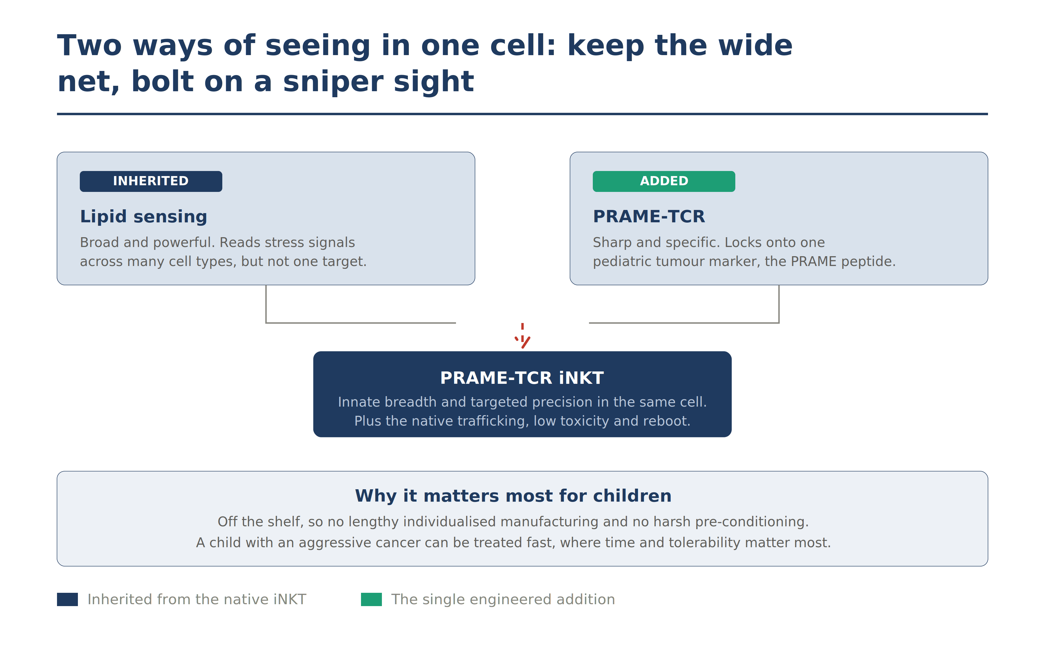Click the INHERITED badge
151,181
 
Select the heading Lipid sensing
143,217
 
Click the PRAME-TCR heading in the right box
649,216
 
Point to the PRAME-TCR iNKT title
522,378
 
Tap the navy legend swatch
67,599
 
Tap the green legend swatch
371,599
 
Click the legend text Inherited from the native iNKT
197,599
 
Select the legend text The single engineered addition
503,599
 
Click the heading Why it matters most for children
513,496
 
